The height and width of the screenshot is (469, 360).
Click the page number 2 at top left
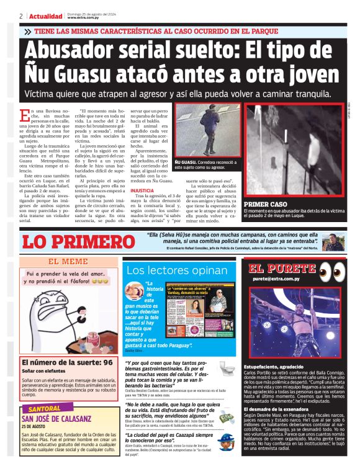point(20,16)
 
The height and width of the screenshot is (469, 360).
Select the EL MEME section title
point(68,262)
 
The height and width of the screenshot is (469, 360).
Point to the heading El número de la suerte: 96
point(67,362)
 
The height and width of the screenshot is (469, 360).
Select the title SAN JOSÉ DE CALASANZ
point(58,419)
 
